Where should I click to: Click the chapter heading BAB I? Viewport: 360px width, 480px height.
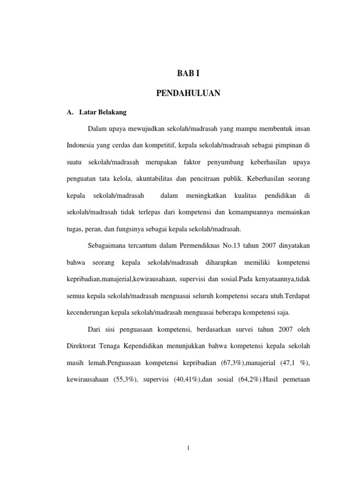pos(188,73)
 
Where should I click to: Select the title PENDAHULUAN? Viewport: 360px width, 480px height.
pos(188,94)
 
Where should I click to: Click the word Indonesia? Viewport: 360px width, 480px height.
pos(82,146)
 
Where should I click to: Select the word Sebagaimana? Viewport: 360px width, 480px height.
pos(108,245)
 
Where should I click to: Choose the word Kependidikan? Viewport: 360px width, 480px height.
pos(150,346)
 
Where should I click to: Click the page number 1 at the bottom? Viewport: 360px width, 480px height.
pos(188,448)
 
